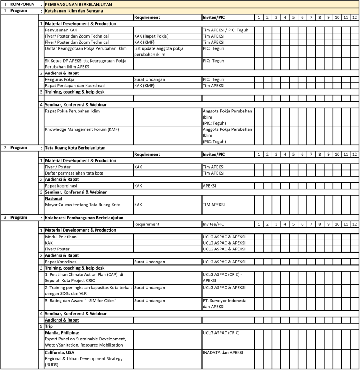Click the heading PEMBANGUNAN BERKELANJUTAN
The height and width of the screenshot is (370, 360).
point(78,5)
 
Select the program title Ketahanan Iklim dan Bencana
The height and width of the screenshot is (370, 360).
point(74,11)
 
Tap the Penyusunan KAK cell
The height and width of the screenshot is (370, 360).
point(61,30)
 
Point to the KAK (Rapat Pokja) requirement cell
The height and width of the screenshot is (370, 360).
point(151,36)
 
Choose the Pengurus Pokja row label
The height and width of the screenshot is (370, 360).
point(60,79)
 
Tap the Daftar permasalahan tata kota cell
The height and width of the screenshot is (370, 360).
point(74,173)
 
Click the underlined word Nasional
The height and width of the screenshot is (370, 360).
point(53,198)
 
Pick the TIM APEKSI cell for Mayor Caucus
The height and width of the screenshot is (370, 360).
point(213,205)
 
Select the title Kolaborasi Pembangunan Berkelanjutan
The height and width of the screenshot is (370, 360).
point(84,218)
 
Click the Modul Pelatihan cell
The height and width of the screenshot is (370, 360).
point(61,237)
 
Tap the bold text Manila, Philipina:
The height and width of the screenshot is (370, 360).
point(62,332)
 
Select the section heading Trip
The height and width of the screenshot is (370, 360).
point(49,326)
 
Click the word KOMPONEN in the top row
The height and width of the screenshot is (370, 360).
point(23,5)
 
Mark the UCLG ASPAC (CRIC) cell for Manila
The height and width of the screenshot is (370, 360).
point(221,333)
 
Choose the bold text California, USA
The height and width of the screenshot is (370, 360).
point(60,352)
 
